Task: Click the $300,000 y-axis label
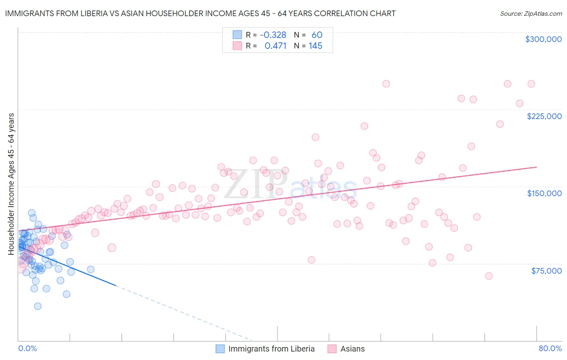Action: pyautogui.click(x=543, y=39)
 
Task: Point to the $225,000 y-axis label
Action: pyautogui.click(x=544, y=116)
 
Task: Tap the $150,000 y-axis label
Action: pyautogui.click(x=544, y=193)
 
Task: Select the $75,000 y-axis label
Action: pyautogui.click(x=546, y=271)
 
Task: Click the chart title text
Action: pyautogui.click(x=200, y=13)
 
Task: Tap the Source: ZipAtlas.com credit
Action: pyautogui.click(x=531, y=13)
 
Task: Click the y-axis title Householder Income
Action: pyautogui.click(x=11, y=184)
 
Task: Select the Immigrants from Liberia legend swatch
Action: pyautogui.click(x=220, y=349)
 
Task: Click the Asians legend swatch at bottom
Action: pyautogui.click(x=332, y=349)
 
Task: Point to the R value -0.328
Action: pyautogui.click(x=273, y=35)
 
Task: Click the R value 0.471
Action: pyautogui.click(x=275, y=46)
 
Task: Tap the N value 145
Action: pyautogui.click(x=315, y=46)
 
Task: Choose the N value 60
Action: pyautogui.click(x=317, y=35)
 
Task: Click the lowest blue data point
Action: pyautogui.click(x=38, y=306)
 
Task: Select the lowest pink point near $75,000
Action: pyautogui.click(x=489, y=276)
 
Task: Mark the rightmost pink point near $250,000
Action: pyautogui.click(x=531, y=84)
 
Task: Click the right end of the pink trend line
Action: pyautogui.click(x=536, y=167)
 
